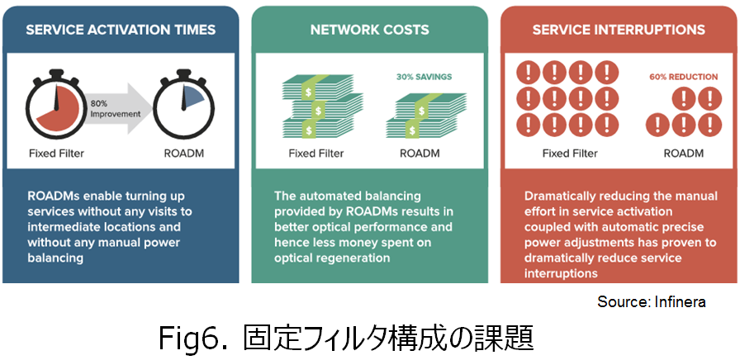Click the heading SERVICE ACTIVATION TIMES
(x=121, y=30)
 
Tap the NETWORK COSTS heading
(x=369, y=30)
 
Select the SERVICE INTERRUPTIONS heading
(x=619, y=30)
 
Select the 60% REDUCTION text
(x=683, y=77)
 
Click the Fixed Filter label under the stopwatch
(x=57, y=154)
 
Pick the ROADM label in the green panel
(x=420, y=154)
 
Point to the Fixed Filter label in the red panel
(x=570, y=154)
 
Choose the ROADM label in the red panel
(x=683, y=154)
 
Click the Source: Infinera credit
(x=652, y=302)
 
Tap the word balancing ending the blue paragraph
(x=55, y=258)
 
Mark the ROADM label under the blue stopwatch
(x=184, y=154)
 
